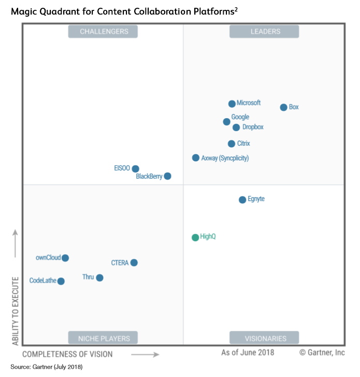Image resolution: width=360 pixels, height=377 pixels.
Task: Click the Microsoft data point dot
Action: pyautogui.click(x=232, y=104)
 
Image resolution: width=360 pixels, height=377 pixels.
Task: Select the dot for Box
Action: pyautogui.click(x=283, y=107)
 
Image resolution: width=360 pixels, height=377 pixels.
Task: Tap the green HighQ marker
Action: pyautogui.click(x=195, y=238)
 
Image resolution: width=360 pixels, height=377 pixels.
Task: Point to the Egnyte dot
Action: pyautogui.click(x=242, y=200)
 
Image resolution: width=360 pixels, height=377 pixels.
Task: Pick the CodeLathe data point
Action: pyautogui.click(x=61, y=281)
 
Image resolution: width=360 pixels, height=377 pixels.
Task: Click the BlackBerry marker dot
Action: pyautogui.click(x=167, y=176)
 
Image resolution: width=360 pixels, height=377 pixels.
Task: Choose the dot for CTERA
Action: pyautogui.click(x=134, y=262)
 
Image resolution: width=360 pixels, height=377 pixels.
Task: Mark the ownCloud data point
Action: pyautogui.click(x=65, y=258)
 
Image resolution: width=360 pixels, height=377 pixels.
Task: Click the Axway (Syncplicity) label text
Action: pyautogui.click(x=225, y=158)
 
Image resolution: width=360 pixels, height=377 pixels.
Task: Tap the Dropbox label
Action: pyautogui.click(x=253, y=127)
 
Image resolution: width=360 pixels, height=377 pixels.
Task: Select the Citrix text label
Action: pyautogui.click(x=243, y=144)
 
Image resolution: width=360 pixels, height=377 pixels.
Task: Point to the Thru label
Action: pyautogui.click(x=88, y=277)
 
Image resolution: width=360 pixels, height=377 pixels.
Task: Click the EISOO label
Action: pyautogui.click(x=122, y=168)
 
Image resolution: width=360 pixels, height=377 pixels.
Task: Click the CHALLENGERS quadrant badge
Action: pyautogui.click(x=104, y=32)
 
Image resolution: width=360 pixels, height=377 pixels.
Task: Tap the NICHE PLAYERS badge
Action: pyautogui.click(x=104, y=339)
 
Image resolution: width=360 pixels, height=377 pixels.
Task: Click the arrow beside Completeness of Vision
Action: pyautogui.click(x=145, y=355)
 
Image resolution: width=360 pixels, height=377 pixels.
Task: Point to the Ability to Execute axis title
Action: pyautogui.click(x=16, y=311)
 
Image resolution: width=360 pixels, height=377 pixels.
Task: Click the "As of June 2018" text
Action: pyautogui.click(x=248, y=353)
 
